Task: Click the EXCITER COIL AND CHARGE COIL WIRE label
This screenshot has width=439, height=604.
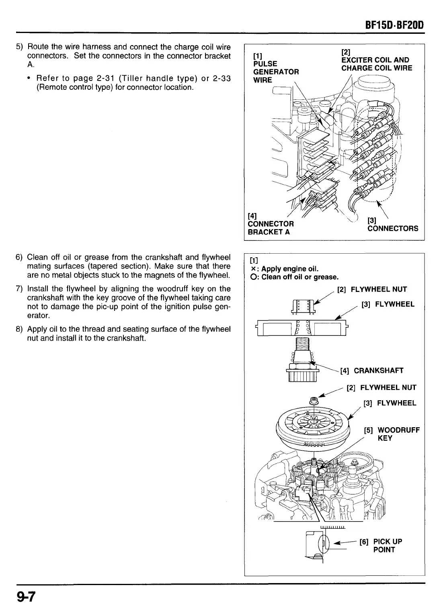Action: (376, 64)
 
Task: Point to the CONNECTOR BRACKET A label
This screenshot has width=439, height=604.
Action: (271, 228)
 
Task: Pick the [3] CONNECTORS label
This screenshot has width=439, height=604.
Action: (392, 225)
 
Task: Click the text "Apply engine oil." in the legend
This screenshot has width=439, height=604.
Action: (290, 269)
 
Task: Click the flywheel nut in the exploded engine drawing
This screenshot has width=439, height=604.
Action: (314, 401)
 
